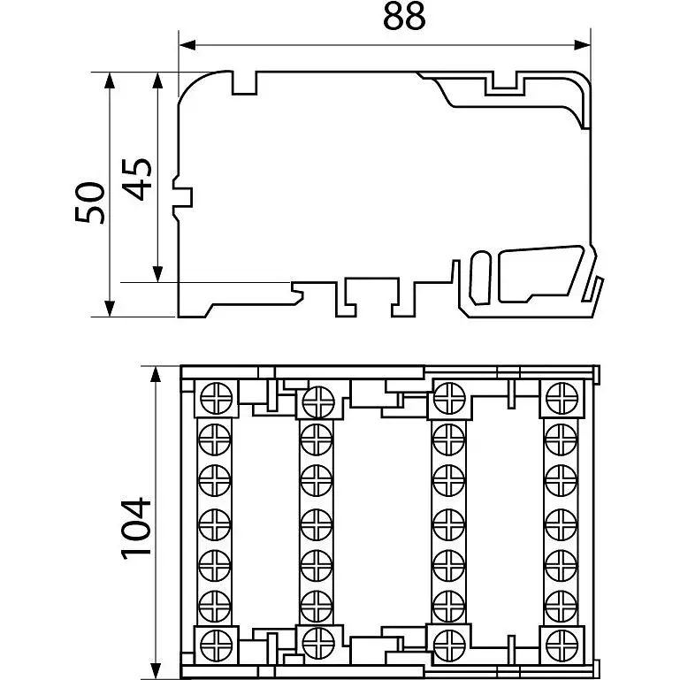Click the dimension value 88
[x=404, y=17]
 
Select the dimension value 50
[x=90, y=202]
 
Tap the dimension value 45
[x=136, y=180]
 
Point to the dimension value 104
[x=136, y=528]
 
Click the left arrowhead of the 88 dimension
[x=187, y=45]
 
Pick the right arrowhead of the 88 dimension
[x=582, y=45]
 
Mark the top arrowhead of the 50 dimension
[x=110, y=80]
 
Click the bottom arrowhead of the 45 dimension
[x=158, y=274]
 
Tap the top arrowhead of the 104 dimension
[x=156, y=374]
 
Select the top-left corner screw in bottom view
[x=217, y=399]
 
